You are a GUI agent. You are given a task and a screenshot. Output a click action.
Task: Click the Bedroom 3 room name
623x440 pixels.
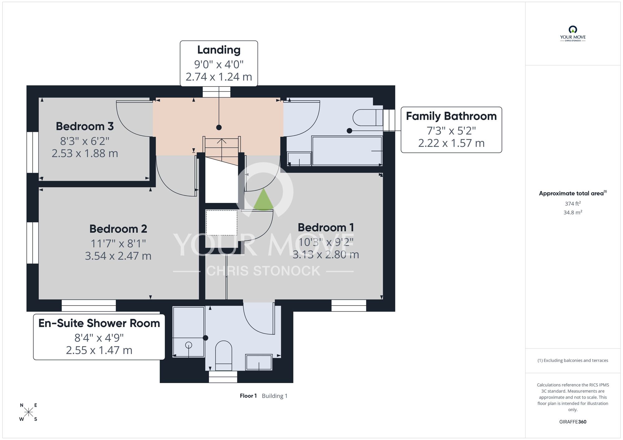85,126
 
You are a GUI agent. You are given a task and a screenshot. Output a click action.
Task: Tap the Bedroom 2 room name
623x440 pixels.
118,229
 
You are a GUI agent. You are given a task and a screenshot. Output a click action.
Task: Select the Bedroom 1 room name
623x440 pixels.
326,227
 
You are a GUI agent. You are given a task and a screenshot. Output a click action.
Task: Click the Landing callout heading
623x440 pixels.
219,50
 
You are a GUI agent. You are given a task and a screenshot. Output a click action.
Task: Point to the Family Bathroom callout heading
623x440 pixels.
451,116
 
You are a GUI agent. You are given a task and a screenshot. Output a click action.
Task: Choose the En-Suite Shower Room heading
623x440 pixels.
99,323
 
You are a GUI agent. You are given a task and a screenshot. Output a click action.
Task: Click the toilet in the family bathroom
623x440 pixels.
368,118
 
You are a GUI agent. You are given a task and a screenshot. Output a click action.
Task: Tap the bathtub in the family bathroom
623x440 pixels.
347,151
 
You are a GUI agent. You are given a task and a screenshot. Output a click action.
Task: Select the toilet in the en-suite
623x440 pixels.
224,356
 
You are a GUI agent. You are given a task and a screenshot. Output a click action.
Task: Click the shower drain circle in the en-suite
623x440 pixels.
188,345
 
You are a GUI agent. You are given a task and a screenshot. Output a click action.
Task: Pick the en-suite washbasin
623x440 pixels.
259,362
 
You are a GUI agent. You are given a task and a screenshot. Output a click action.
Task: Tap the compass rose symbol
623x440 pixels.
28,412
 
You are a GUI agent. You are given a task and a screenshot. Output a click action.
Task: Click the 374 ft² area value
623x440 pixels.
573,204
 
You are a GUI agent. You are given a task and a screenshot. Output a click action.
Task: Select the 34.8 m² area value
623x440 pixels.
573,213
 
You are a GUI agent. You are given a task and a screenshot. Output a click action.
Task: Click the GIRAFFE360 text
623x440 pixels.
573,422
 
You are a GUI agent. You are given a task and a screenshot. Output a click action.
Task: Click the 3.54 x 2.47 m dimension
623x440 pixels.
118,256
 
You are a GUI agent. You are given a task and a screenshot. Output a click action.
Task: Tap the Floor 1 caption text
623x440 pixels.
248,396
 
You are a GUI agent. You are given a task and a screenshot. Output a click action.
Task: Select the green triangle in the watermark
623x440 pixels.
264,199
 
